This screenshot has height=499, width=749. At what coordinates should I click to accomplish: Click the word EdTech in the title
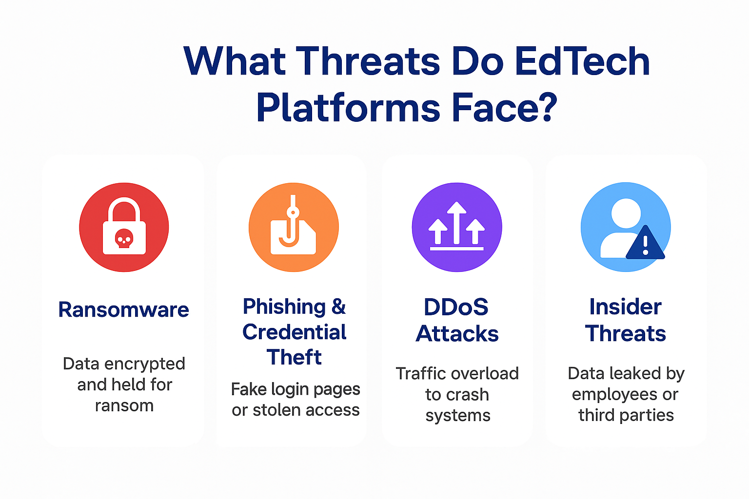[582, 61]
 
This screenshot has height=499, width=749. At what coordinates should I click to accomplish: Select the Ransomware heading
[123, 309]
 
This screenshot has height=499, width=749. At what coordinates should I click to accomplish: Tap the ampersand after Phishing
[338, 306]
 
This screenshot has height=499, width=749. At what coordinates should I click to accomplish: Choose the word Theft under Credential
[294, 357]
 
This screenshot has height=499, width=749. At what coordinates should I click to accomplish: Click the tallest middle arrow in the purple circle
[457, 222]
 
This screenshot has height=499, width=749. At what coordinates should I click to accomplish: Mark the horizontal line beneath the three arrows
[457, 249]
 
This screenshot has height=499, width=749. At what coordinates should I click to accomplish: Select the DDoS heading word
[456, 307]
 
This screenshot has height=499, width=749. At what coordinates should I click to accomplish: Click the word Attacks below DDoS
[457, 333]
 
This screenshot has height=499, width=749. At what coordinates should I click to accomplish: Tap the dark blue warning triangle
[645, 243]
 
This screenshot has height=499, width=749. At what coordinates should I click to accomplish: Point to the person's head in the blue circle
[626, 213]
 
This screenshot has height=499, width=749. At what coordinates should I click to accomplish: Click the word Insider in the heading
[625, 307]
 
